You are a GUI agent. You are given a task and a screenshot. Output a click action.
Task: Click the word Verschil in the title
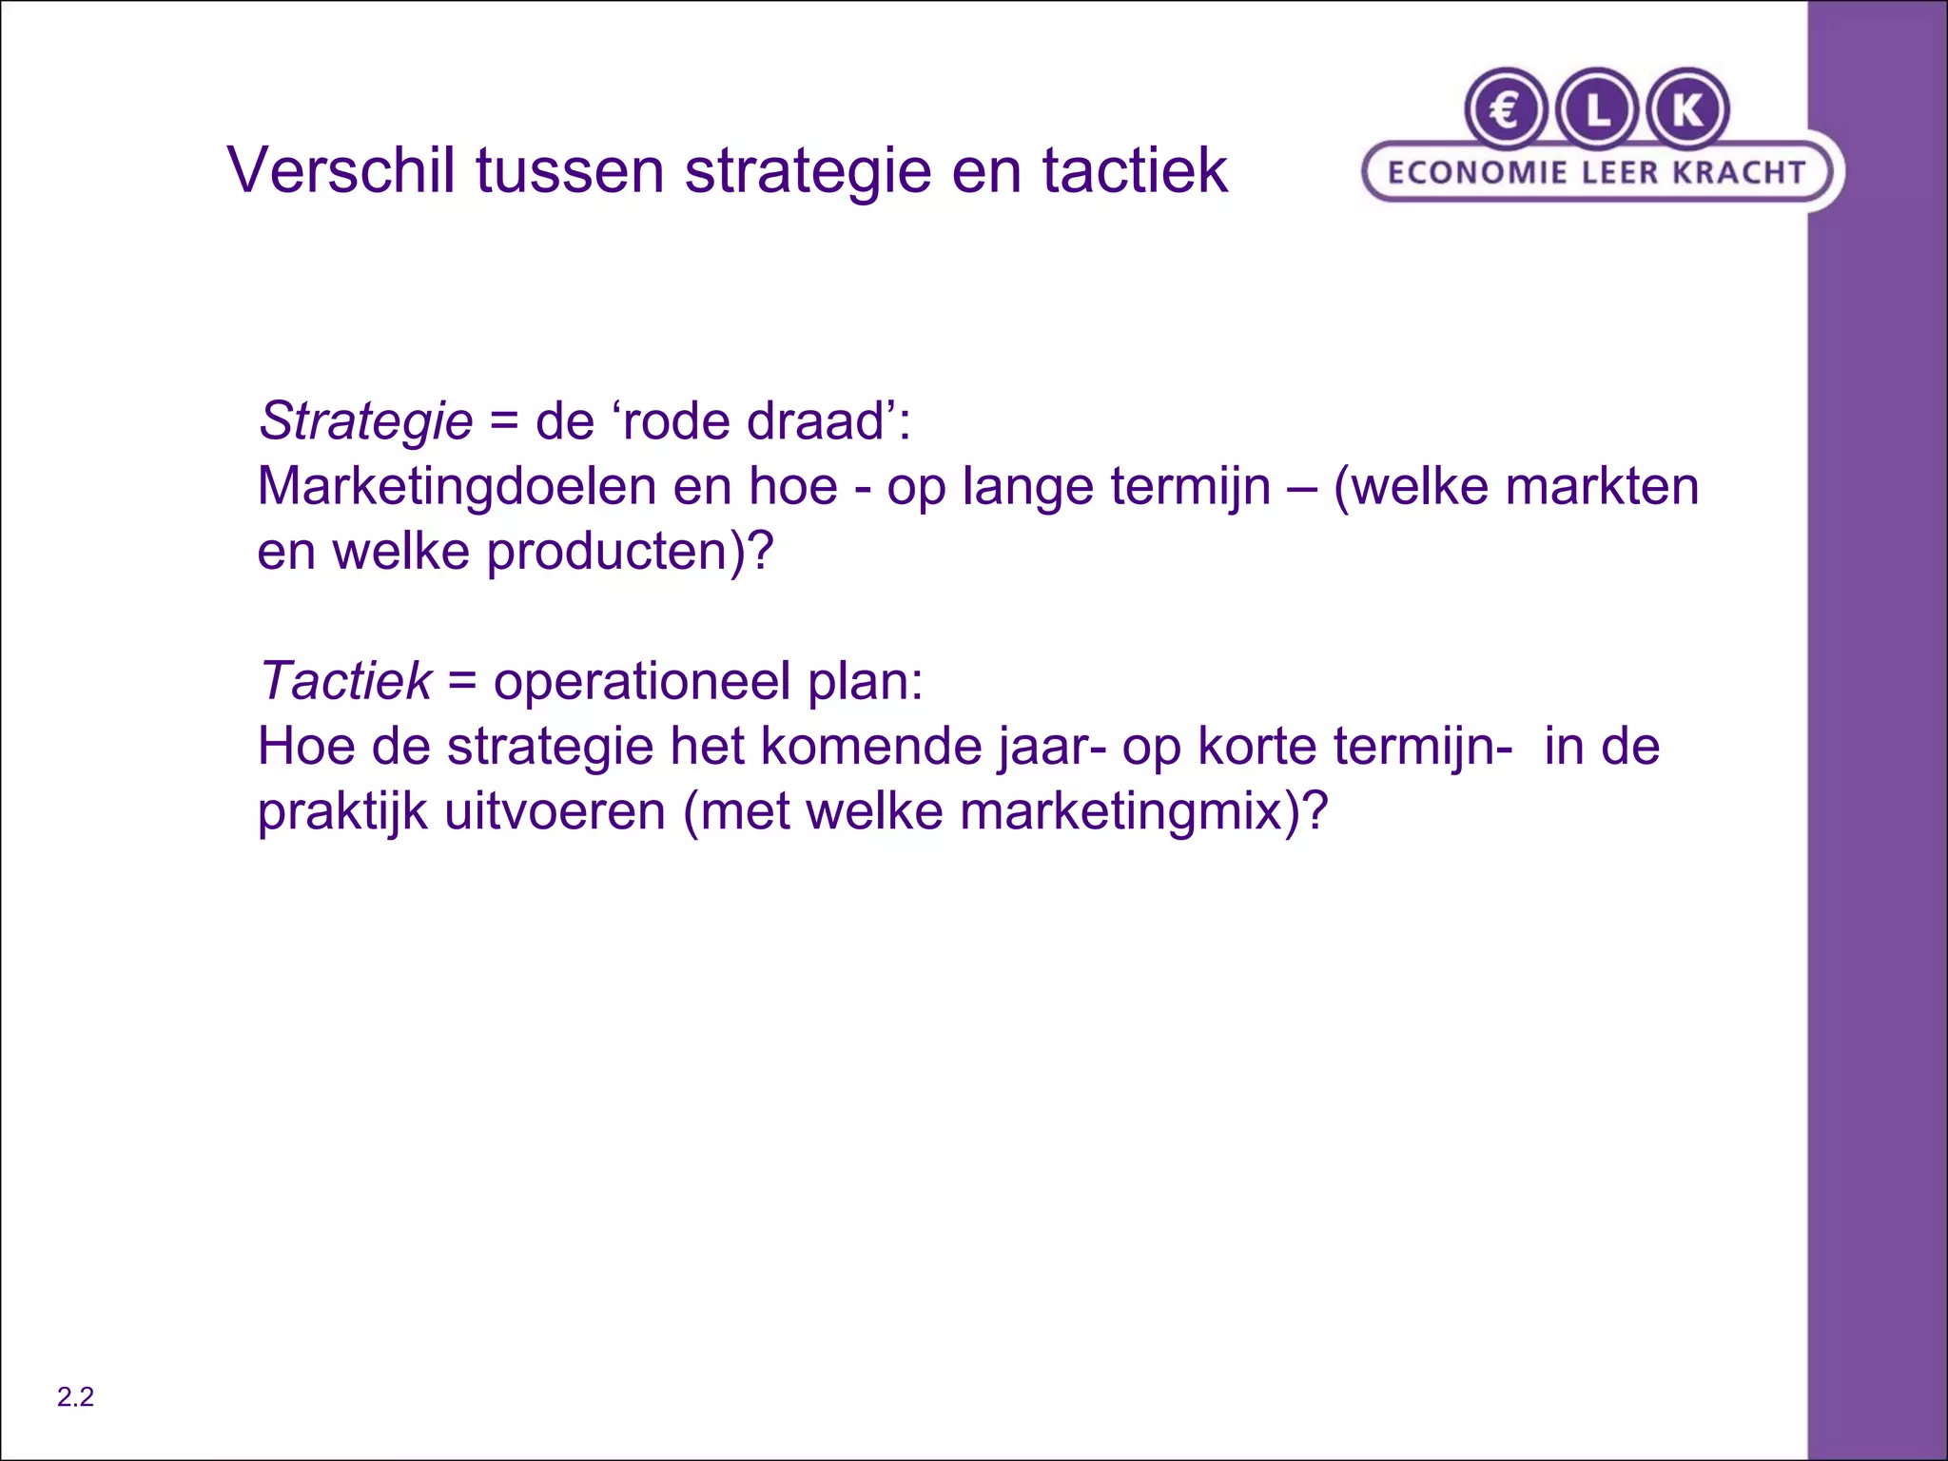coord(341,170)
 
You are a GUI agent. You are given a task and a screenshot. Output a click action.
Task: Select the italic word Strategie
coord(366,420)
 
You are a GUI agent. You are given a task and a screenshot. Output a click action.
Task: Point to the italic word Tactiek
coord(345,681)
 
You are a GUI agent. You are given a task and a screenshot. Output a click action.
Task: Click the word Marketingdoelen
coord(457,486)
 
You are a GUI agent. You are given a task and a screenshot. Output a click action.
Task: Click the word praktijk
coord(342,813)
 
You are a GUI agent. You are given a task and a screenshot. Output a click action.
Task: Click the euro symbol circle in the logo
coord(1505,110)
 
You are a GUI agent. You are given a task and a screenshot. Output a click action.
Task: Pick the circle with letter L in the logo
coord(1597,110)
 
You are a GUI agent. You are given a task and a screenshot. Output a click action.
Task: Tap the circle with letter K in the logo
coord(1687,110)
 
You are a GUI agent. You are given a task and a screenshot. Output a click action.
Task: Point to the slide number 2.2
coord(75,1396)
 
